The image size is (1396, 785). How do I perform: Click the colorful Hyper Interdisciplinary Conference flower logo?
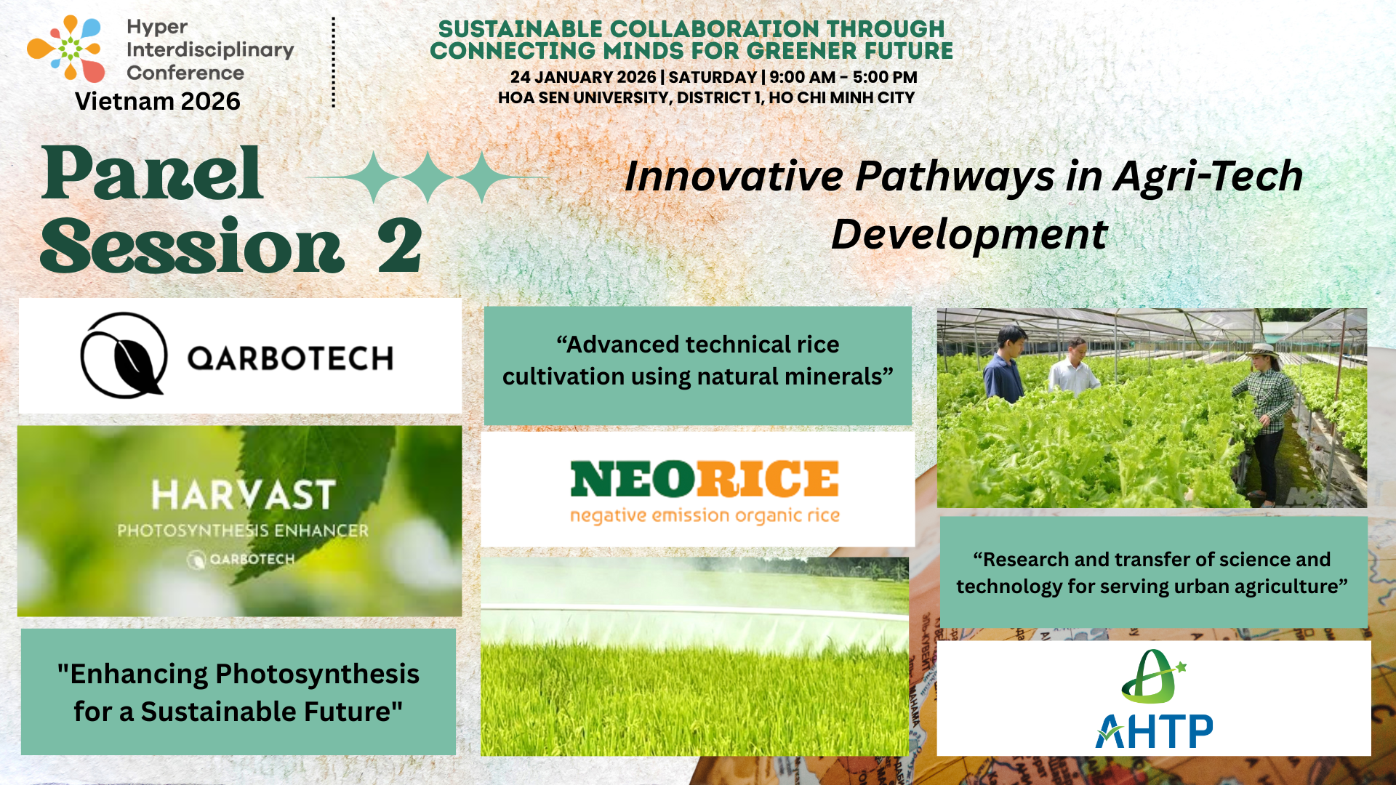66,49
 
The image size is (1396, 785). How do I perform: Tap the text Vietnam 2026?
158,102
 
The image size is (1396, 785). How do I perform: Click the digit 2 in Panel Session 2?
399,246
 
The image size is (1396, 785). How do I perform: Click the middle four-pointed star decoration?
428,177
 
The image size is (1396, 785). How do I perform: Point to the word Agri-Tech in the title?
1208,177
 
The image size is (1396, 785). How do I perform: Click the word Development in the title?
968,235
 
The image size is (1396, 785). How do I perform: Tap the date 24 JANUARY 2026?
582,77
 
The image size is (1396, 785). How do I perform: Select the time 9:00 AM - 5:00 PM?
843,77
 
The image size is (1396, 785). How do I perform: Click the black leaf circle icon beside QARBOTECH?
124,355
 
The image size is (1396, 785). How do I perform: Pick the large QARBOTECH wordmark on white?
290,358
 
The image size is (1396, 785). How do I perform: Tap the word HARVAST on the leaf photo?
243,496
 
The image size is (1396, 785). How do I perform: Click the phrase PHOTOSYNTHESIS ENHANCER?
243,531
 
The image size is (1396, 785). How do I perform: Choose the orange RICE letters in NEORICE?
768,480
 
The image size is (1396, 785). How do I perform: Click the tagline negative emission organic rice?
705,515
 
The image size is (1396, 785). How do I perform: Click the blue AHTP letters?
1155,730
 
